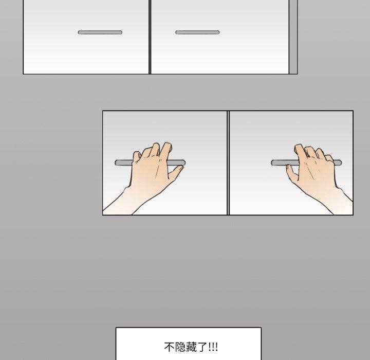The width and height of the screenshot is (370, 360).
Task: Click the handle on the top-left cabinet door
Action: pyautogui.click(x=100, y=32)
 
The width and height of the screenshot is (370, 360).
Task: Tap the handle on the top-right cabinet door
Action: pyautogui.click(x=197, y=32)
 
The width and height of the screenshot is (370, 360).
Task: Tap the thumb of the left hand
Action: pyautogui.click(x=175, y=175)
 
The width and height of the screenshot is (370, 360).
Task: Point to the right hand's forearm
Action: pyautogui.click(x=339, y=201)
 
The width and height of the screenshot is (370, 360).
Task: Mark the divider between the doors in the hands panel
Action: pyautogui.click(x=228, y=163)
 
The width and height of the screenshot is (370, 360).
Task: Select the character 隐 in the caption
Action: pyautogui.click(x=179, y=347)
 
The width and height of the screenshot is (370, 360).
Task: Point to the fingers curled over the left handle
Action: pyautogui.click(x=154, y=152)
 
